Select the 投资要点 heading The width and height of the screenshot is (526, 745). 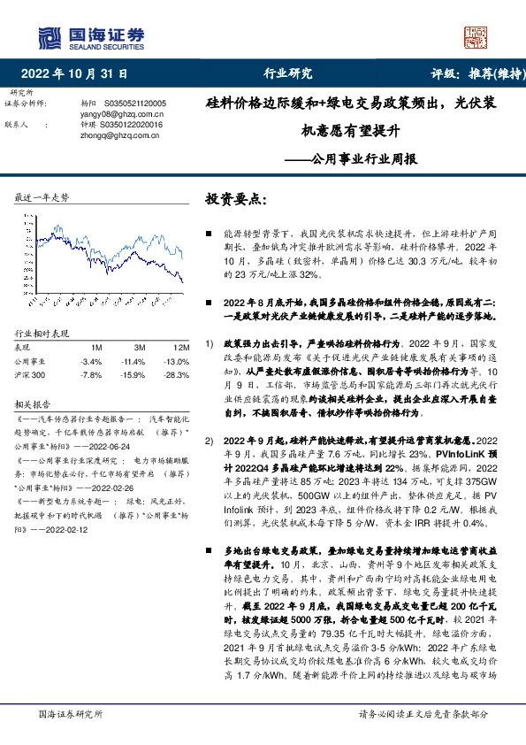click(x=235, y=199)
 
